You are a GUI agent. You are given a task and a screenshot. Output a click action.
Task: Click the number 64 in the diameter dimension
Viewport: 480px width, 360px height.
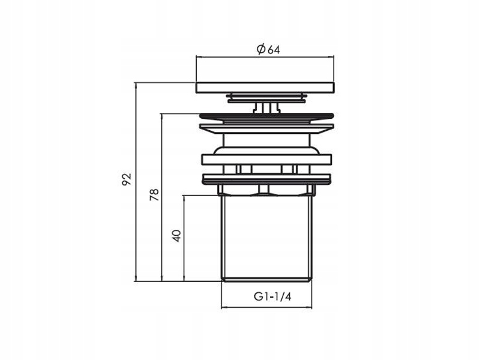(x=272, y=50)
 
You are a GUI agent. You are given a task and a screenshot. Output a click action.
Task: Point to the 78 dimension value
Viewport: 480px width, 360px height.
(x=154, y=194)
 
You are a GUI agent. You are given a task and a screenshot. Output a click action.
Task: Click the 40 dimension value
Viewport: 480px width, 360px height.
(x=176, y=234)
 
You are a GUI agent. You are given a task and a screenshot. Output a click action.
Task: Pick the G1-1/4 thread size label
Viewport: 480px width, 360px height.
(x=267, y=296)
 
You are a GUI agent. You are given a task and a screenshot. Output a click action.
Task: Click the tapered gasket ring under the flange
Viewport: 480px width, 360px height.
(x=267, y=128)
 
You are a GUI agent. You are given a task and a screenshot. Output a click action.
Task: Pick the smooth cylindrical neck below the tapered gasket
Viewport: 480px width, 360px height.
(x=267, y=144)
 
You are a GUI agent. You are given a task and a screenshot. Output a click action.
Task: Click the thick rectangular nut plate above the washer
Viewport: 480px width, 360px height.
(x=267, y=160)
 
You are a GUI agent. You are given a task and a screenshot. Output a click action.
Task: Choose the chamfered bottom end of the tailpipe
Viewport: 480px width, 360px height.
(x=267, y=278)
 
